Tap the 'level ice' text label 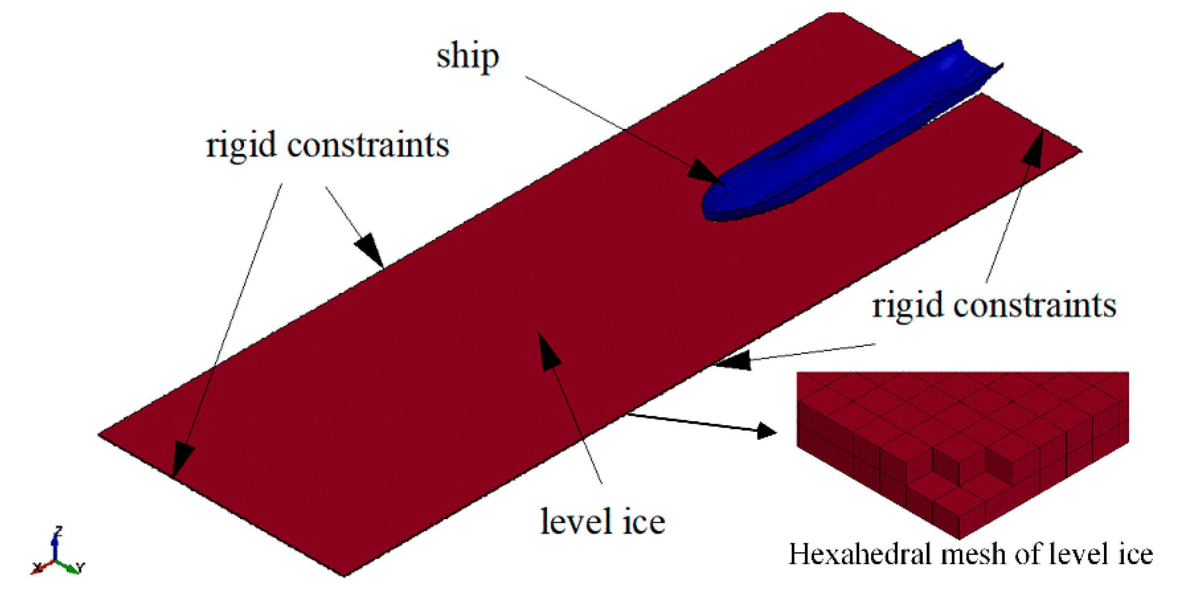(602, 522)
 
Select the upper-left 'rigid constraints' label (327, 145)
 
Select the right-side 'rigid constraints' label (993, 306)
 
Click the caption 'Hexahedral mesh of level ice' (971, 554)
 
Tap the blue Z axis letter (59, 531)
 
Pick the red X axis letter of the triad (37, 568)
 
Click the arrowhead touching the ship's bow (706, 173)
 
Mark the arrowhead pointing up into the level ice (549, 351)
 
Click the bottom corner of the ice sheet (344, 576)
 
